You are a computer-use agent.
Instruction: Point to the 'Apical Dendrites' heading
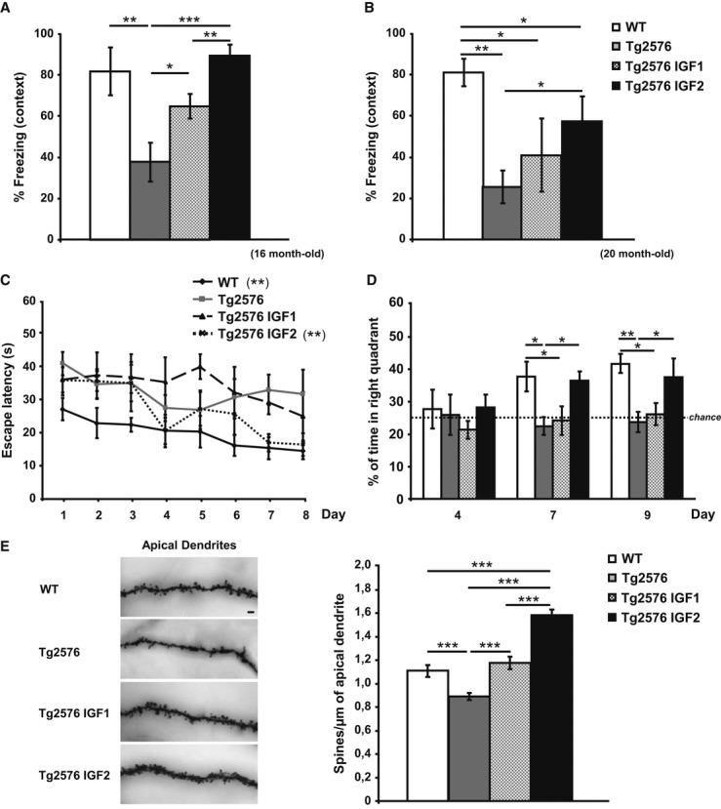click(x=186, y=542)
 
